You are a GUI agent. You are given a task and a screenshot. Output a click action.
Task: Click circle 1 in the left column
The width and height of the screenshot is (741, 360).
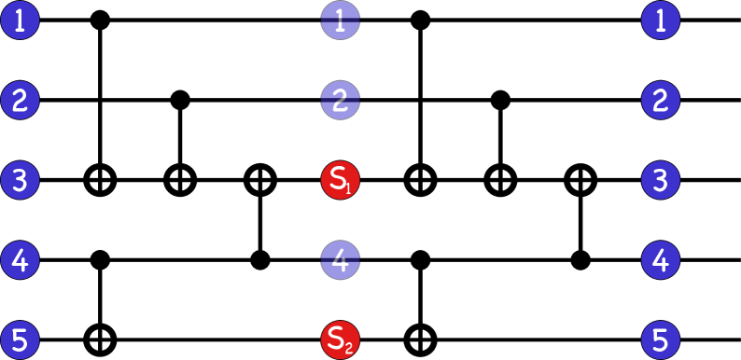point(20,20)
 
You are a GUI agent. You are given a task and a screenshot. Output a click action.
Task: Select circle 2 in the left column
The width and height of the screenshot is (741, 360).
point(20,100)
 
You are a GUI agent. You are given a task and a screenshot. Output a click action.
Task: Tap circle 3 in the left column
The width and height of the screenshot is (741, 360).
point(20,180)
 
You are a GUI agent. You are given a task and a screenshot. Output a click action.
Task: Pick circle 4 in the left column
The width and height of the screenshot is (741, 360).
point(20,260)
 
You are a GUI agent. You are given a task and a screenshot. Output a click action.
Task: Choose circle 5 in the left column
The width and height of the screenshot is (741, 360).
point(20,339)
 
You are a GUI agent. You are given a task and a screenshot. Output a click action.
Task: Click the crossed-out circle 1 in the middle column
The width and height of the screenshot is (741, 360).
point(340,20)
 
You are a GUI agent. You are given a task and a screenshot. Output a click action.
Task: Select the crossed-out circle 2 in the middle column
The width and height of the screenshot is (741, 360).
point(340,100)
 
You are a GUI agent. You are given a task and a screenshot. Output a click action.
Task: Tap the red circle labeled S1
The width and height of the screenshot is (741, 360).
point(340,180)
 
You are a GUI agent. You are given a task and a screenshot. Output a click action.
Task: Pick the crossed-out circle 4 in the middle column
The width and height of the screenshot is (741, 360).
point(340,260)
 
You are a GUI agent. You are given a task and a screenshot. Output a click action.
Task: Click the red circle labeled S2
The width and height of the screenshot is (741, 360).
point(340,339)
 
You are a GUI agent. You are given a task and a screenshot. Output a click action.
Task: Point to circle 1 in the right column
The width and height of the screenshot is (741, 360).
point(661,20)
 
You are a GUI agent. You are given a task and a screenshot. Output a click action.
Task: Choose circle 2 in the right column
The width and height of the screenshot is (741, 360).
point(661,100)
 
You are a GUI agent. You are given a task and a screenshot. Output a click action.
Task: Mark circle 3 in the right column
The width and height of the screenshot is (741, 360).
point(661,180)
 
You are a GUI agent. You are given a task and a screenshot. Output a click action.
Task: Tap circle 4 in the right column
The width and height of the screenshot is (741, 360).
point(661,260)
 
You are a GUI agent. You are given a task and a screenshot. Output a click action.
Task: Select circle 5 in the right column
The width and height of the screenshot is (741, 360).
point(661,339)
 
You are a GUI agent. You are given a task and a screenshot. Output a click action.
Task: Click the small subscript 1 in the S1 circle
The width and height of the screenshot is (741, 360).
point(348,188)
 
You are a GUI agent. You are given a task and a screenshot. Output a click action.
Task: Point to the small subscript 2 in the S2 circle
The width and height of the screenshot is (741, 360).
point(348,349)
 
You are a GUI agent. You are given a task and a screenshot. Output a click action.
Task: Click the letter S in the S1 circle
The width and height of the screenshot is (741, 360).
point(336,178)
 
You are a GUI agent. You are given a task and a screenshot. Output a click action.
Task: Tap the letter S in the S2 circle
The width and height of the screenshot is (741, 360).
point(336,338)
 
